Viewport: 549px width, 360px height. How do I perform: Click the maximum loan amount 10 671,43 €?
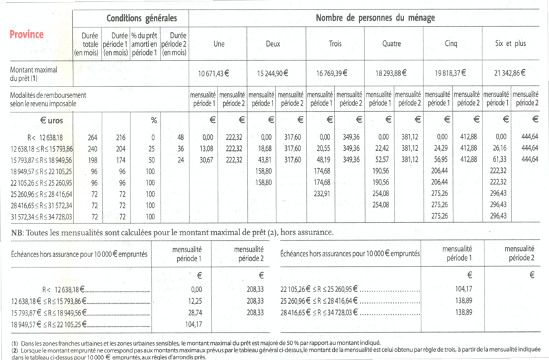coord(212,73)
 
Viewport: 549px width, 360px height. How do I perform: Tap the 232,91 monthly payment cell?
coord(322,193)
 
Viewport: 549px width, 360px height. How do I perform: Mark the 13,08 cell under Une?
coord(205,148)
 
